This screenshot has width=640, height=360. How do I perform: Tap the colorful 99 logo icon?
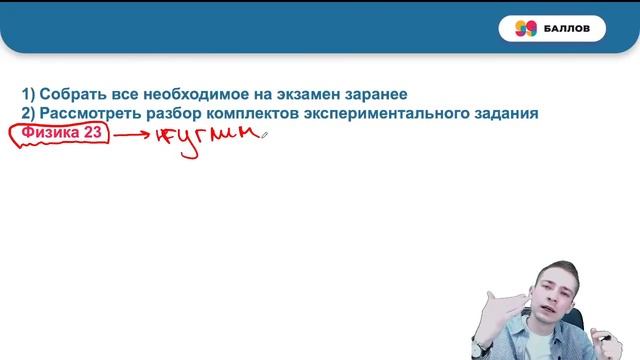[526, 29]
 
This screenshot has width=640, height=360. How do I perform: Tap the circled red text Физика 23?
[59, 133]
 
